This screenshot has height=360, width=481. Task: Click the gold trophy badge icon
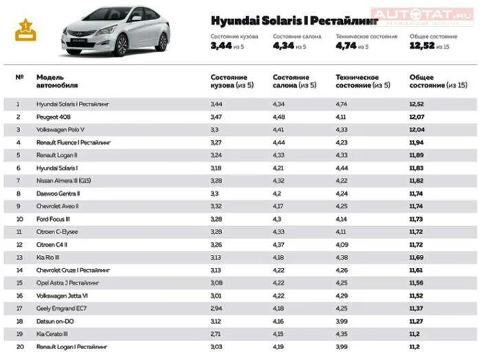tap(25, 30)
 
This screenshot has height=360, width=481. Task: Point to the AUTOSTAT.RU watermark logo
tap(421, 14)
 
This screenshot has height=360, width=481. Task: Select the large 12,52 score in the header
tap(422, 46)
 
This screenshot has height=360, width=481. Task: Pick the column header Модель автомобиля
tap(57, 81)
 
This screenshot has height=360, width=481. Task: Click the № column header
tap(19, 77)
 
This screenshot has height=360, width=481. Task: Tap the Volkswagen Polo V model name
tap(60, 129)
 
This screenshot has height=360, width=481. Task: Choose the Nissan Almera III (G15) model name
tap(63, 180)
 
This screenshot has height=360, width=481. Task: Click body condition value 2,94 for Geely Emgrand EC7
tap(216, 308)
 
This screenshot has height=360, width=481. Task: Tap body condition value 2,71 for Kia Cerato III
tap(216, 333)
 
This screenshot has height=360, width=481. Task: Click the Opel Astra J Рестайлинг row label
tap(68, 282)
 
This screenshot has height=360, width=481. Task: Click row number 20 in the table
tap(19, 346)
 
